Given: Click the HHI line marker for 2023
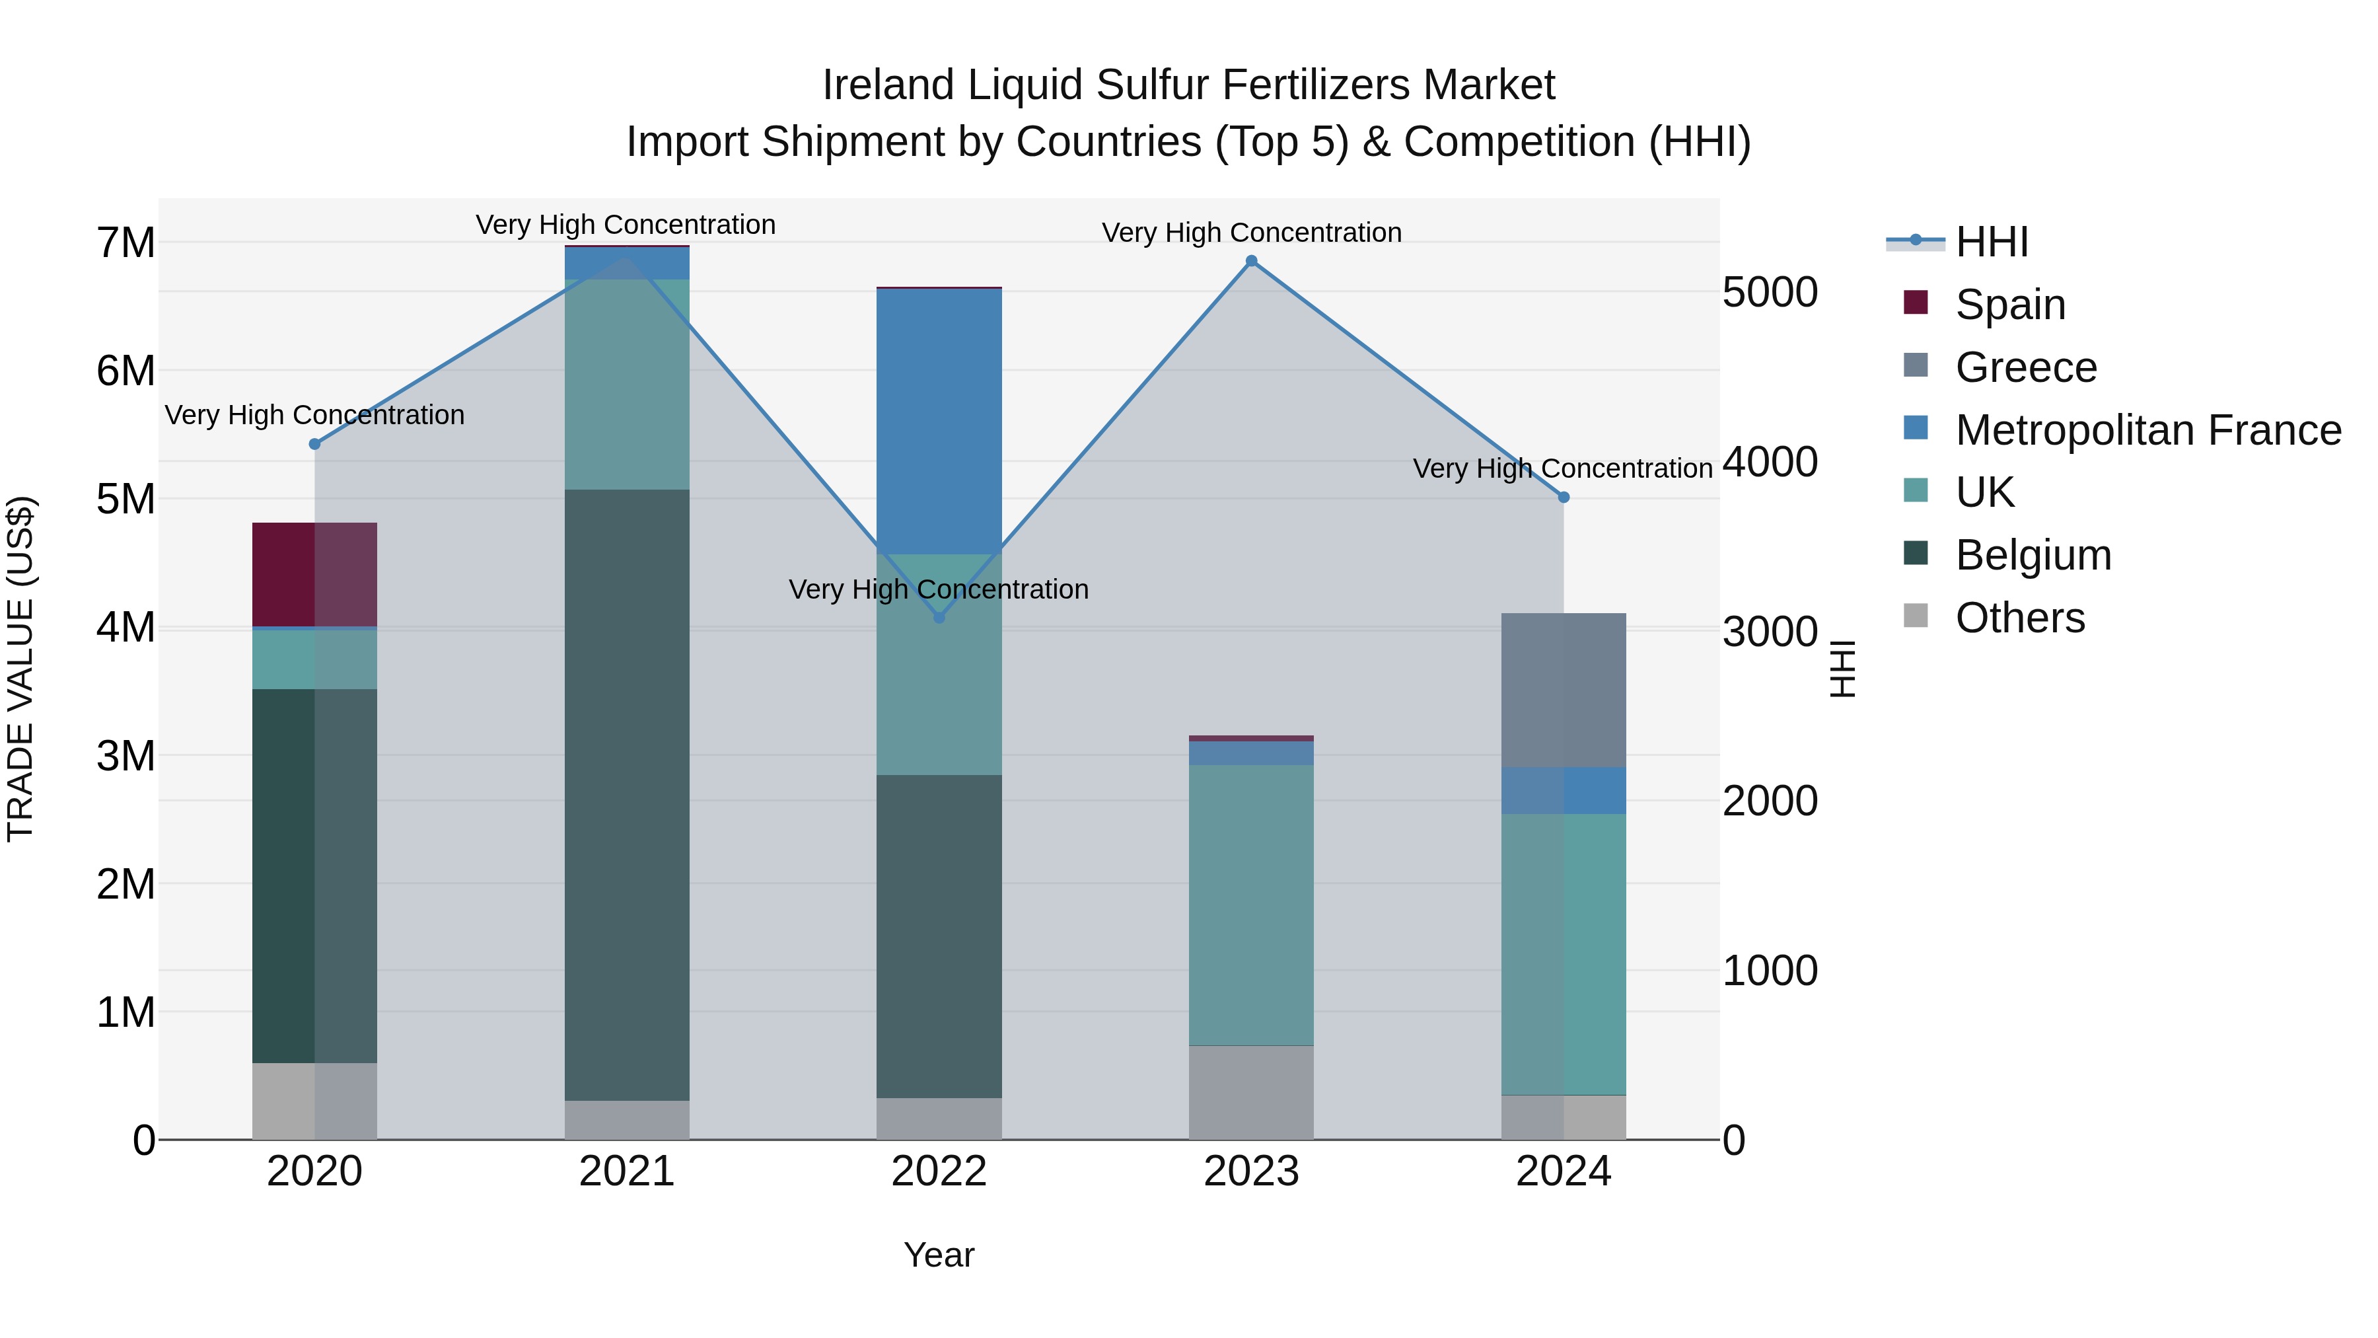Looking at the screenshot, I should (1251, 261).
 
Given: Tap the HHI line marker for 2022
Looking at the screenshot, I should (939, 617).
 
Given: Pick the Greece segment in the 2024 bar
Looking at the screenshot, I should (1563, 690).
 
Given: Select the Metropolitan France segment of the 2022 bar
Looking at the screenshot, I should (939, 421).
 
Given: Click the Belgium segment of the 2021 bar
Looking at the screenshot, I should (627, 794).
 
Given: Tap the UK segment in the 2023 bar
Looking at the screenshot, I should (1251, 905).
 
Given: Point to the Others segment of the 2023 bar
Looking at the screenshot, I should (1251, 1092).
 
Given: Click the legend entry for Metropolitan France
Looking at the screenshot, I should (2147, 430).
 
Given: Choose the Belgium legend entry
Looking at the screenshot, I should (2033, 555).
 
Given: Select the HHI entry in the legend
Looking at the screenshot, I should (1991, 242).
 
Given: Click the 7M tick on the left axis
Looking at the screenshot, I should (126, 243).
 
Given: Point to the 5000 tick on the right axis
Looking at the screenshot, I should (1770, 293).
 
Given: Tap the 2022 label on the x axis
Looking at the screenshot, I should (939, 1171).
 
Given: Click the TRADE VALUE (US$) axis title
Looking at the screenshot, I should (20, 669).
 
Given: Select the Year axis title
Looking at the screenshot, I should (939, 1255).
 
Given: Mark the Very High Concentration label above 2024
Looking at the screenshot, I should (1562, 468).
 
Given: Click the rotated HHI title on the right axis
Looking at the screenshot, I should (1842, 669).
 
